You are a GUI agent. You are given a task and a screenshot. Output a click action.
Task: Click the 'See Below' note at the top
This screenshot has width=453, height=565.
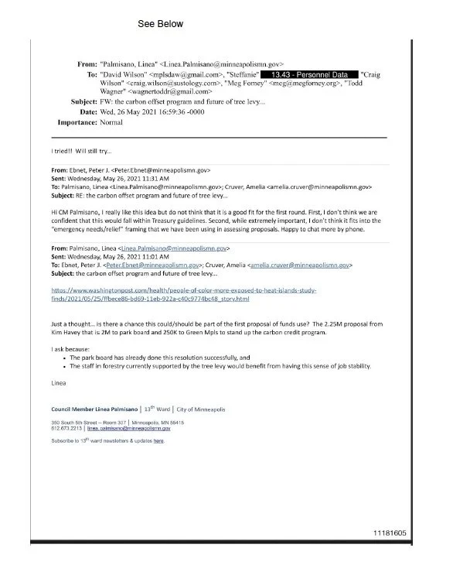click(160, 24)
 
